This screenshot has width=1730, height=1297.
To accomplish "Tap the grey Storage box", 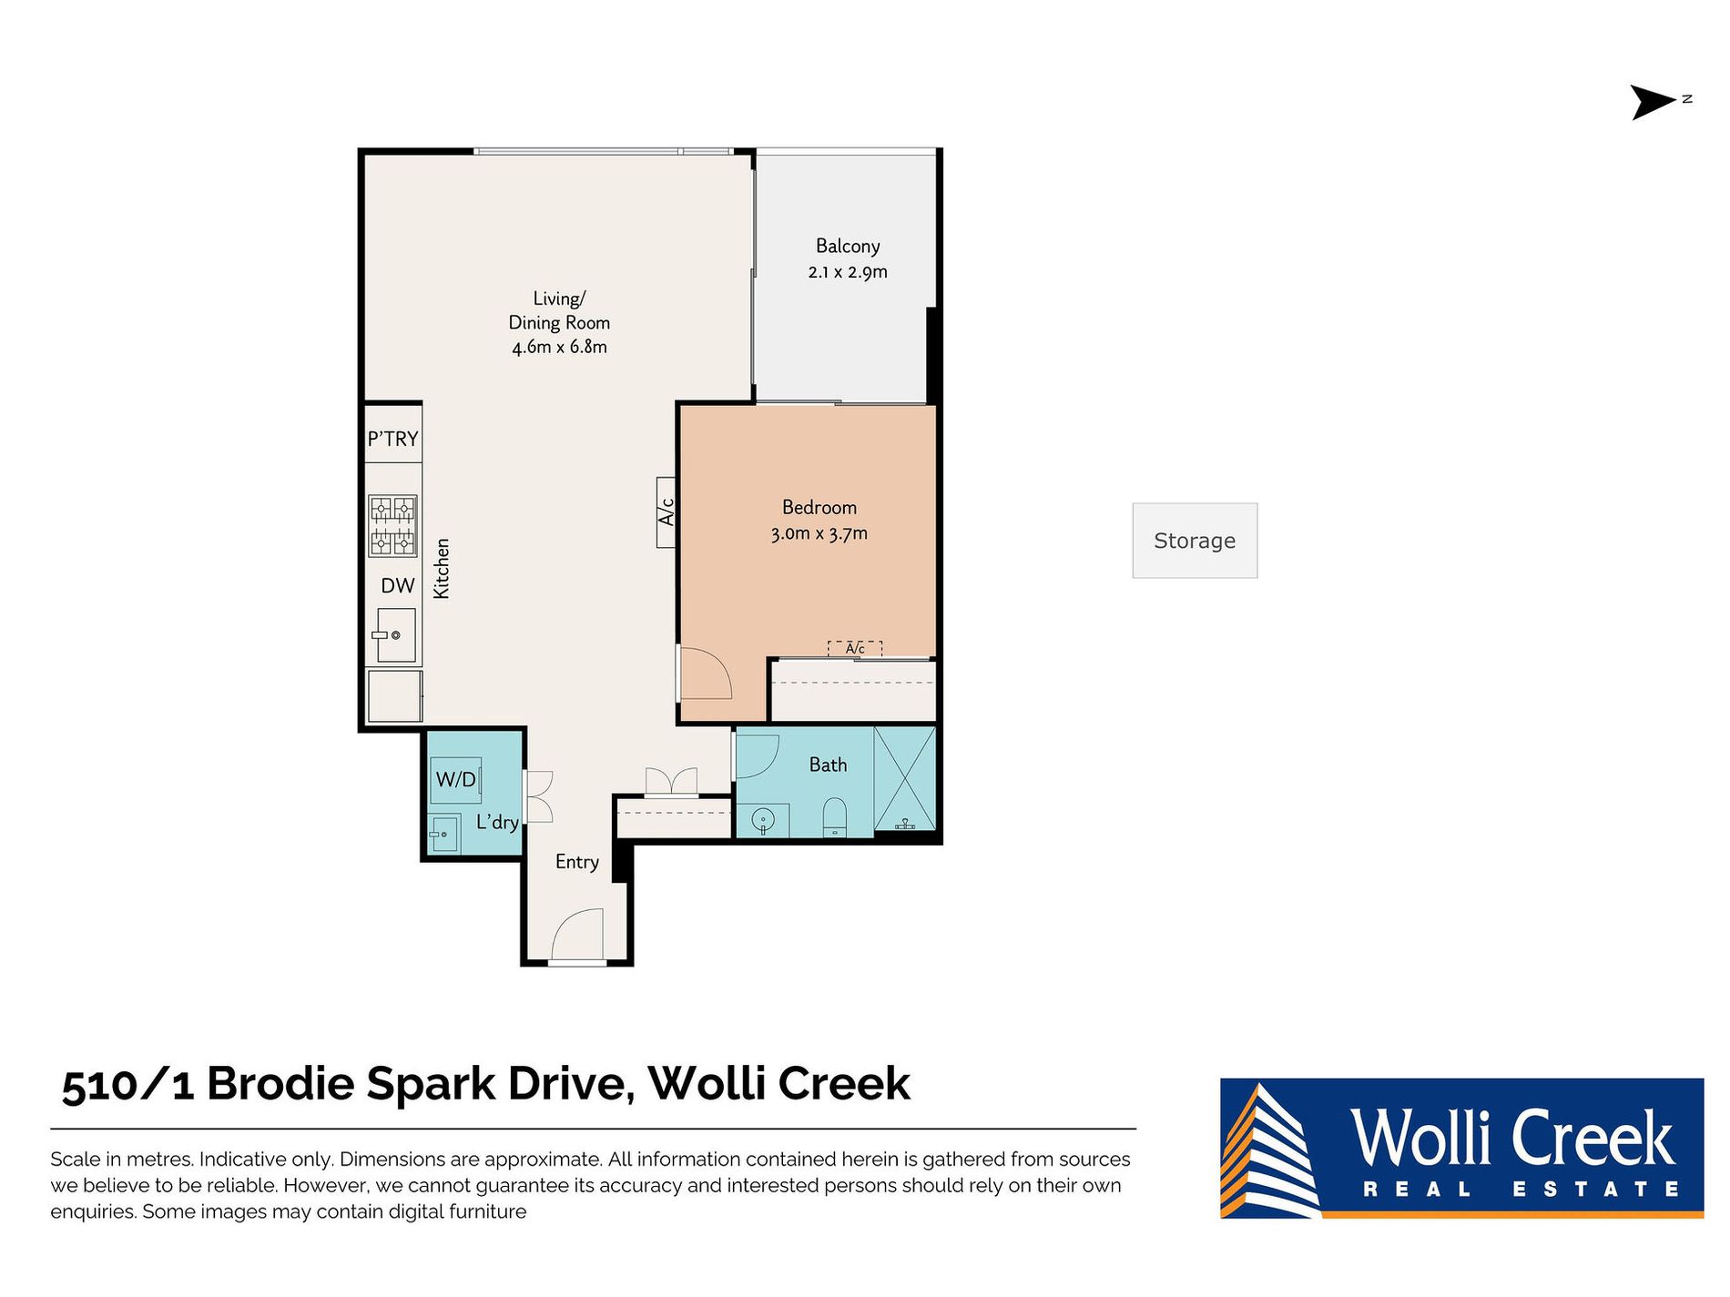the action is point(1195,541).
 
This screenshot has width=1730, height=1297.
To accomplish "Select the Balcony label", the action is point(848,246).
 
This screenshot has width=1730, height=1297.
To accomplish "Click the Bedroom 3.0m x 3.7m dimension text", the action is point(819,533).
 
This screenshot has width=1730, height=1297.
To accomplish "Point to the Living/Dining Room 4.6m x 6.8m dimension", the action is point(559,347).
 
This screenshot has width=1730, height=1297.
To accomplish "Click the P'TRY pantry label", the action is point(392,439).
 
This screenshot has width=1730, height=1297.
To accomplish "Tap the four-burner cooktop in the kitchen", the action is point(392,525).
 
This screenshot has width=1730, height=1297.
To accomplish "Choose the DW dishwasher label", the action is point(398,585).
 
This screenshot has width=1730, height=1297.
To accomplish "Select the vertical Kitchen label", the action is point(442,568).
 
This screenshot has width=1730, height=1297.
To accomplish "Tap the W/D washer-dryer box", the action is point(456,779).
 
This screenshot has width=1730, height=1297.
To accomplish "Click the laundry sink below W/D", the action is point(443,833).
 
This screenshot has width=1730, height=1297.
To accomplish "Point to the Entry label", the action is point(577,862).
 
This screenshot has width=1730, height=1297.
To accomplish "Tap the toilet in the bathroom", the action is point(835,816).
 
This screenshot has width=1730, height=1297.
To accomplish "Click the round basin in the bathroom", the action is point(763,821).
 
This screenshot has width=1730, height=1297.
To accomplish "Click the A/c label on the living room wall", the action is point(667,512).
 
